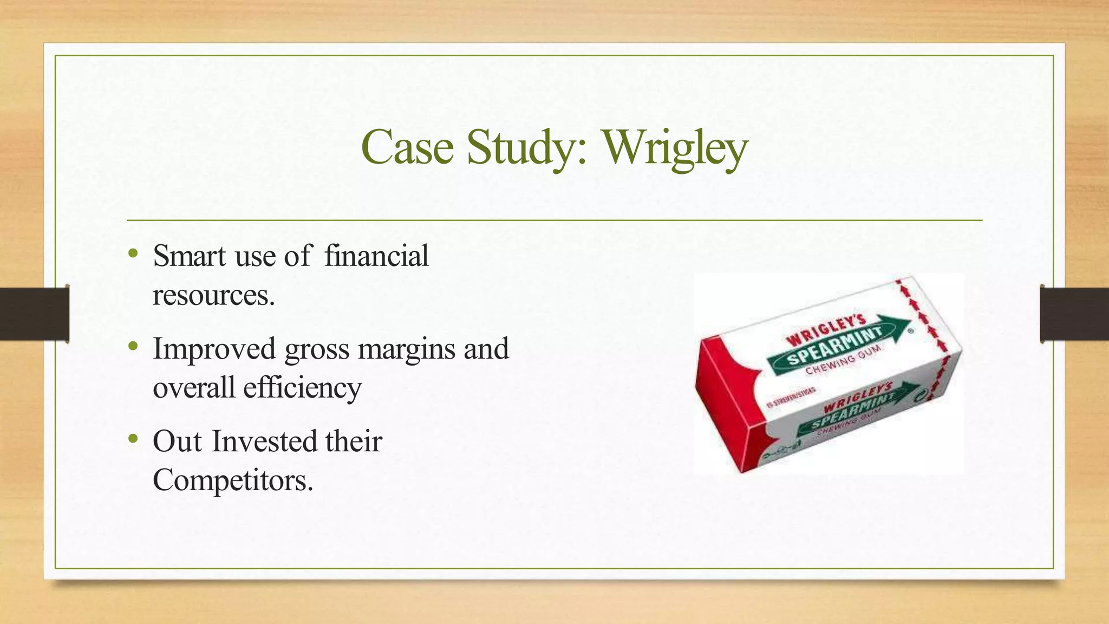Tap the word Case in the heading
click(407, 147)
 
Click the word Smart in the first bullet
click(189, 256)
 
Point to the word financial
click(376, 256)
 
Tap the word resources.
click(213, 295)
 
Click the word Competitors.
click(233, 480)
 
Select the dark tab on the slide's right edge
click(1074, 314)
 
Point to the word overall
click(194, 388)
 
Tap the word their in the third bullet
click(354, 441)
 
